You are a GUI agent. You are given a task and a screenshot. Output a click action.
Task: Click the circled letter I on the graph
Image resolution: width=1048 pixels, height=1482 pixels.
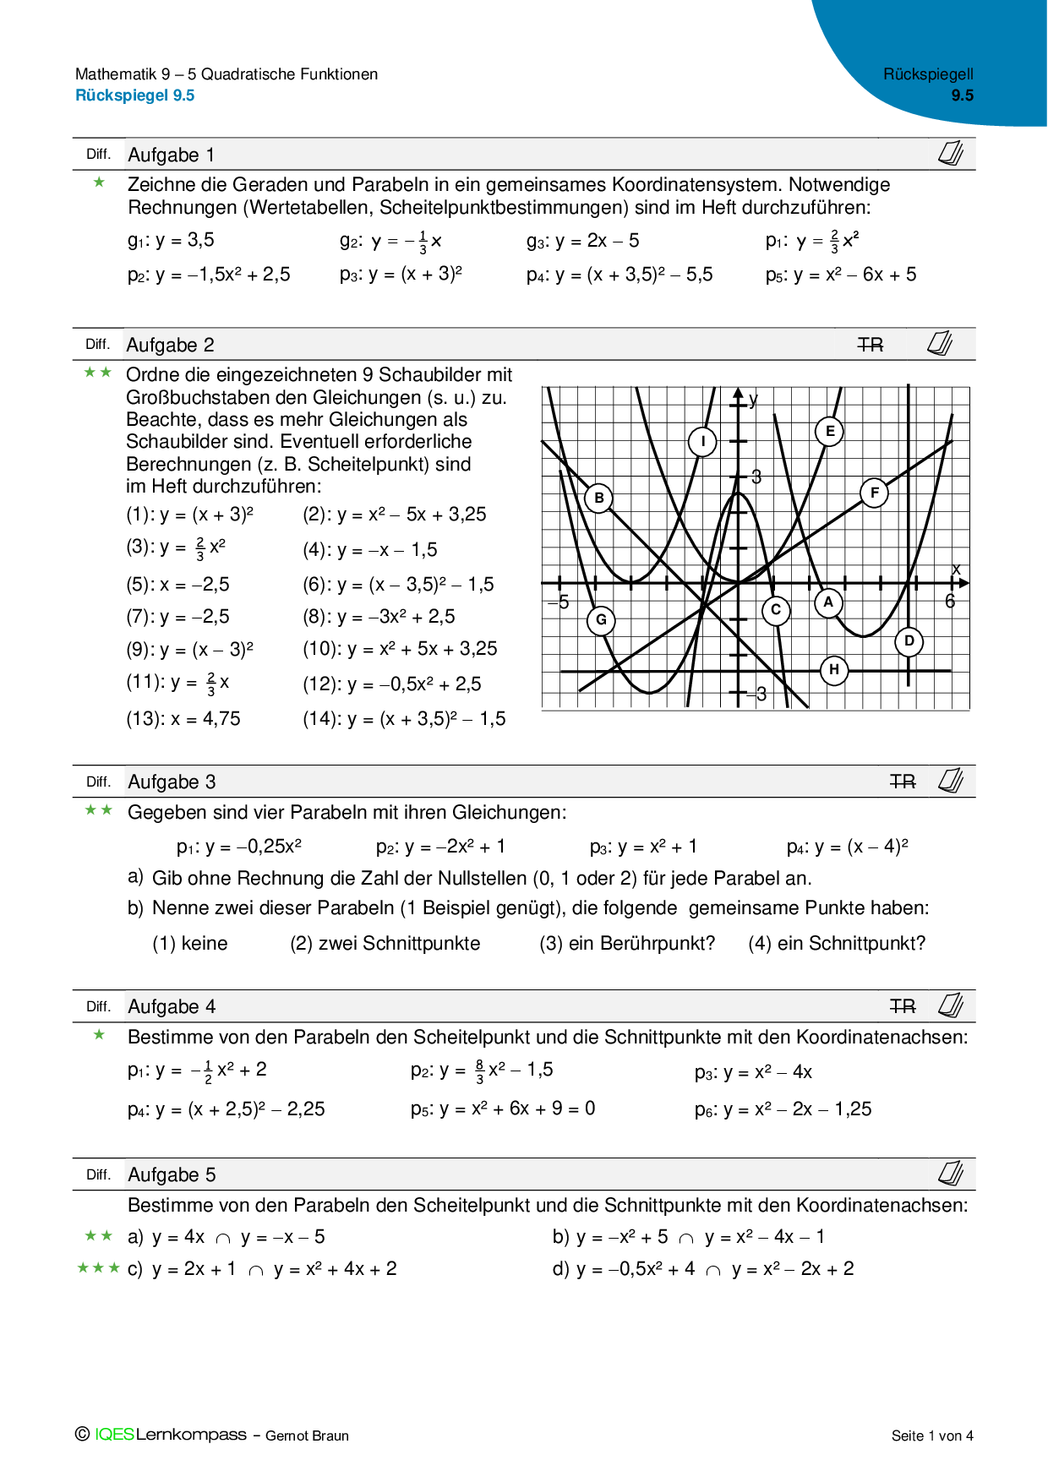pyautogui.click(x=702, y=441)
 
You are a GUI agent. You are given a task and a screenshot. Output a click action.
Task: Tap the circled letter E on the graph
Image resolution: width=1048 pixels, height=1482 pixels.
pyautogui.click(x=830, y=431)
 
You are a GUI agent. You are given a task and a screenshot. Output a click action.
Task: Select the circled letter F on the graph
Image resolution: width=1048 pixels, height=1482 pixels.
pyautogui.click(x=874, y=493)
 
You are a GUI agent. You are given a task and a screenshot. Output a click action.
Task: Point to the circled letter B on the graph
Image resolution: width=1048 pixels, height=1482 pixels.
pyautogui.click(x=599, y=498)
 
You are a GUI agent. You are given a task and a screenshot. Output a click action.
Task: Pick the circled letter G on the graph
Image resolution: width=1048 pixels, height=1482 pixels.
pyautogui.click(x=601, y=619)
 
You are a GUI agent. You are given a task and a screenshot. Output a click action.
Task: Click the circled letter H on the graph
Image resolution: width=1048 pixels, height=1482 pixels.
pyautogui.click(x=834, y=670)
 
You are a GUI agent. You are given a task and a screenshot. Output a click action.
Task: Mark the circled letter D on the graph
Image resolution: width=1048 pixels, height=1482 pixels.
pyautogui.click(x=909, y=640)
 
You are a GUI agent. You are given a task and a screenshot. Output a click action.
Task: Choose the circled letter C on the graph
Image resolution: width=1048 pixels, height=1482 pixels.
pyautogui.click(x=775, y=609)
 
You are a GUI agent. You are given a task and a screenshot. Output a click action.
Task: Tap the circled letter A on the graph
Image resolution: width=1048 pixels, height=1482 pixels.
pyautogui.click(x=828, y=602)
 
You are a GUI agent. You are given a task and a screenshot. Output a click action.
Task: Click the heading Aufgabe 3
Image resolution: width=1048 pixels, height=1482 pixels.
pyautogui.click(x=172, y=782)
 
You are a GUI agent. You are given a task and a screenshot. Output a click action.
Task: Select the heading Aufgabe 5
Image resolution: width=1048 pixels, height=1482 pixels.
pyautogui.click(x=172, y=1174)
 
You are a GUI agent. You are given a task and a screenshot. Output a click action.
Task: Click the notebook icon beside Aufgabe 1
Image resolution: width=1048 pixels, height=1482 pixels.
pyautogui.click(x=951, y=154)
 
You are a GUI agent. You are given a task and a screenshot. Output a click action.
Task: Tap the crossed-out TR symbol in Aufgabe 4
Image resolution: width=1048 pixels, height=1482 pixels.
pyautogui.click(x=903, y=1006)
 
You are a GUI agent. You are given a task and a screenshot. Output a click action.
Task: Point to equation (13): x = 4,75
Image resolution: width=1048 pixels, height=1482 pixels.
pyautogui.click(x=183, y=719)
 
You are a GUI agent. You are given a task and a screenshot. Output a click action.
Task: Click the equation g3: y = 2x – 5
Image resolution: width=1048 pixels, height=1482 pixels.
pyautogui.click(x=582, y=241)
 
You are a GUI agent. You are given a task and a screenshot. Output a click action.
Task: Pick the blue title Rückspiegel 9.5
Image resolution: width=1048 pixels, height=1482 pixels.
pyautogui.click(x=135, y=95)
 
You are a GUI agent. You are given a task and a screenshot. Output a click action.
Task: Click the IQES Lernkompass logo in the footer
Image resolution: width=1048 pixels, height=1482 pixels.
pyautogui.click(x=161, y=1434)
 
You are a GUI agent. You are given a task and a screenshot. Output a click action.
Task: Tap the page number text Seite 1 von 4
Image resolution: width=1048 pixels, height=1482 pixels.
pyautogui.click(x=932, y=1436)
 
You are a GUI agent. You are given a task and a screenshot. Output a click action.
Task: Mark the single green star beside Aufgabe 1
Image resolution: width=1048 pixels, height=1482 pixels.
pyautogui.click(x=99, y=183)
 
